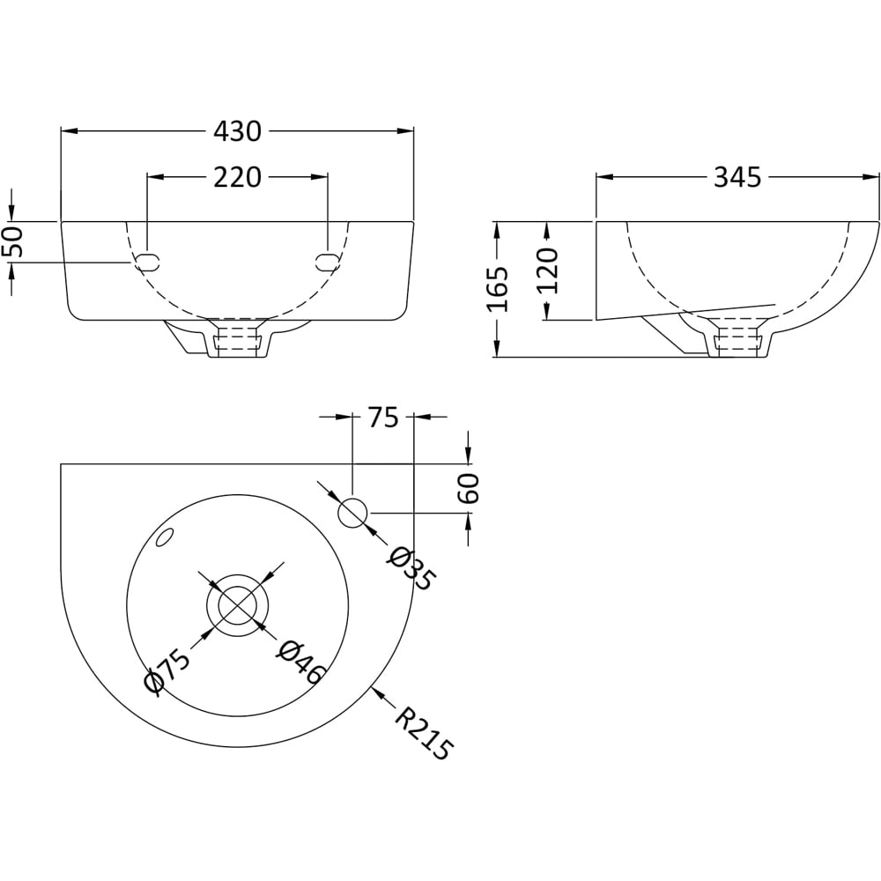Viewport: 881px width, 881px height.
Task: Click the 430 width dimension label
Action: (238, 131)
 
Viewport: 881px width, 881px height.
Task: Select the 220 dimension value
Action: (238, 177)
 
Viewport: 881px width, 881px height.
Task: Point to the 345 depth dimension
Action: (737, 177)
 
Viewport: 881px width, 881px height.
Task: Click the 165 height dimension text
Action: (498, 288)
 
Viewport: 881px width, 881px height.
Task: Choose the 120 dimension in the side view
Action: (548, 270)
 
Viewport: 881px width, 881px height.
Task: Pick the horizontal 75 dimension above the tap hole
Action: (383, 417)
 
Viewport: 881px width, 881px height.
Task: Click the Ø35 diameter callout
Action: (411, 567)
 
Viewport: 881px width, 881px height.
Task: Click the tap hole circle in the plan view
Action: (353, 512)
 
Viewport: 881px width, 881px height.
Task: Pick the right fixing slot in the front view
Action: (327, 261)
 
